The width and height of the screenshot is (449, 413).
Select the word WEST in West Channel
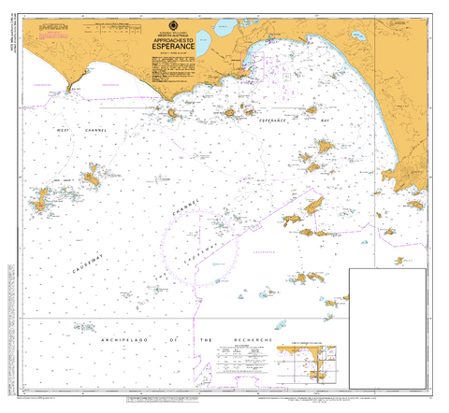pyautogui.click(x=64, y=130)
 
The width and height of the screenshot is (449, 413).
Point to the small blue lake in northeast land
pyautogui.click(x=358, y=37)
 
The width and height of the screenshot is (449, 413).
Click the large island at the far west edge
pyautogui.click(x=41, y=199)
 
